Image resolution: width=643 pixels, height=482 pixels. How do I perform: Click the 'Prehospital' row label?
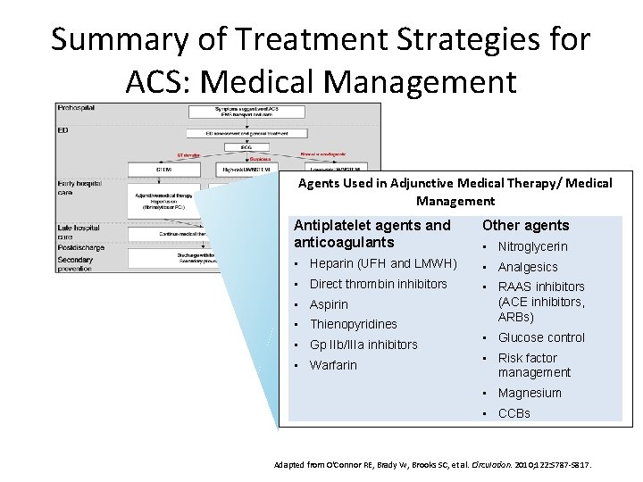tap(76, 107)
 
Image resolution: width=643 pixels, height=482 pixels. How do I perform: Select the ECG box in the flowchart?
tap(233, 147)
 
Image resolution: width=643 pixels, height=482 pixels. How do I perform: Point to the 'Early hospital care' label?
tap(79, 188)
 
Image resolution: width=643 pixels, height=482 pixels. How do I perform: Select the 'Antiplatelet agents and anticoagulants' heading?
tap(372, 233)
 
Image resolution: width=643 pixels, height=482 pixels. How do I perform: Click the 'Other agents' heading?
tap(525, 225)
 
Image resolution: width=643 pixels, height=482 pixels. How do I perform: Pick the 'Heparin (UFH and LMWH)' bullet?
tap(383, 263)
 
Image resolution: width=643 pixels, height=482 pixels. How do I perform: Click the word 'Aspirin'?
tap(330, 304)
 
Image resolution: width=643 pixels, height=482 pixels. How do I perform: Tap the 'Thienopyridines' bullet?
tap(353, 324)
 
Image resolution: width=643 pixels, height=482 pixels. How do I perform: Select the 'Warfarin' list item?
tap(333, 365)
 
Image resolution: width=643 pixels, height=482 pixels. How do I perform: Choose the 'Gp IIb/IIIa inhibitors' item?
tap(363, 345)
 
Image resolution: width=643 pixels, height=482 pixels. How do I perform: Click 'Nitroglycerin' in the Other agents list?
tap(532, 246)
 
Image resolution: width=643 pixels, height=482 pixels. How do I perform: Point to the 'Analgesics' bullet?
tap(528, 267)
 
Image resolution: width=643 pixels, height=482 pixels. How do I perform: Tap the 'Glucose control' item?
tap(541, 337)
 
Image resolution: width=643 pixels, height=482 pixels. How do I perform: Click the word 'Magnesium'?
tap(530, 393)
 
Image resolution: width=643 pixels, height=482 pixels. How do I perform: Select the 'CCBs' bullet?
tap(514, 413)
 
